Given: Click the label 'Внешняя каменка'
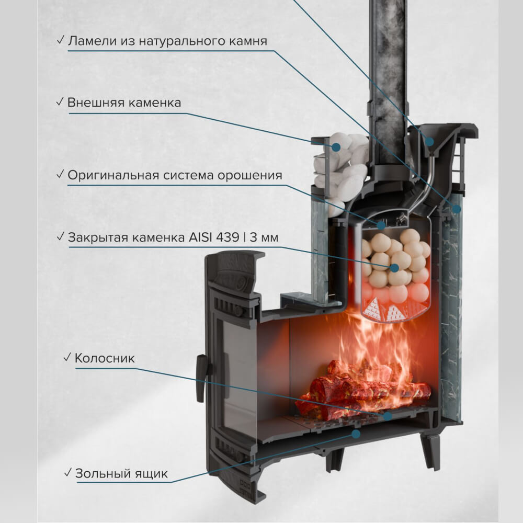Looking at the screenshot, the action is (x=124, y=103).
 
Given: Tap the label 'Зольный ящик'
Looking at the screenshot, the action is (x=121, y=474).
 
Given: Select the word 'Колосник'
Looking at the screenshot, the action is (x=105, y=358).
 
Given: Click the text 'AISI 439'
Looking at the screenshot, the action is (x=214, y=237).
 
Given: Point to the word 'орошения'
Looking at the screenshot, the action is (x=250, y=175).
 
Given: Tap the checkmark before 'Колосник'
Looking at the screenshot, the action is (x=67, y=357).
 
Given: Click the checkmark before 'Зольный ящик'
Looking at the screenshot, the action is (x=67, y=472).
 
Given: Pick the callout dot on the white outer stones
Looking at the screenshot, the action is (x=336, y=146).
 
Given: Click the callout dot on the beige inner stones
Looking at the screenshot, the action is (x=395, y=267).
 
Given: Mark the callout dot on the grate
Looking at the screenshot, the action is (x=387, y=416).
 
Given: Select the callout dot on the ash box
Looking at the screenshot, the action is (x=356, y=434).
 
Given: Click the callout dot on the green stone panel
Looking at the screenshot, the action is (x=456, y=209).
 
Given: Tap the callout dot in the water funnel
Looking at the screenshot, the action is (x=430, y=141).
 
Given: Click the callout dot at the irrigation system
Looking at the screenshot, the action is (x=381, y=225).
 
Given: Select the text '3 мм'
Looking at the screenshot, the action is (x=264, y=237).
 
